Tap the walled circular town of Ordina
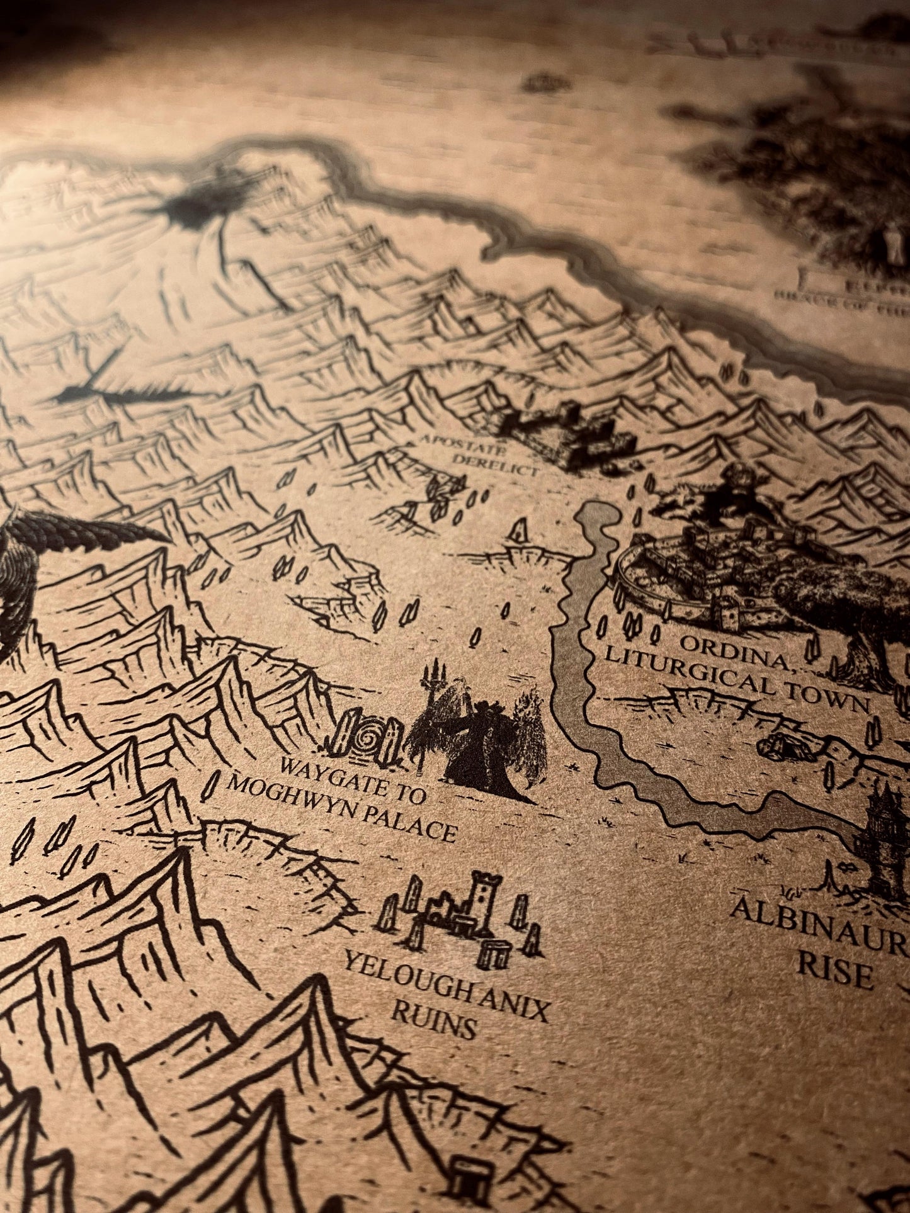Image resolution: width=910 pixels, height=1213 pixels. [699, 567]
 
